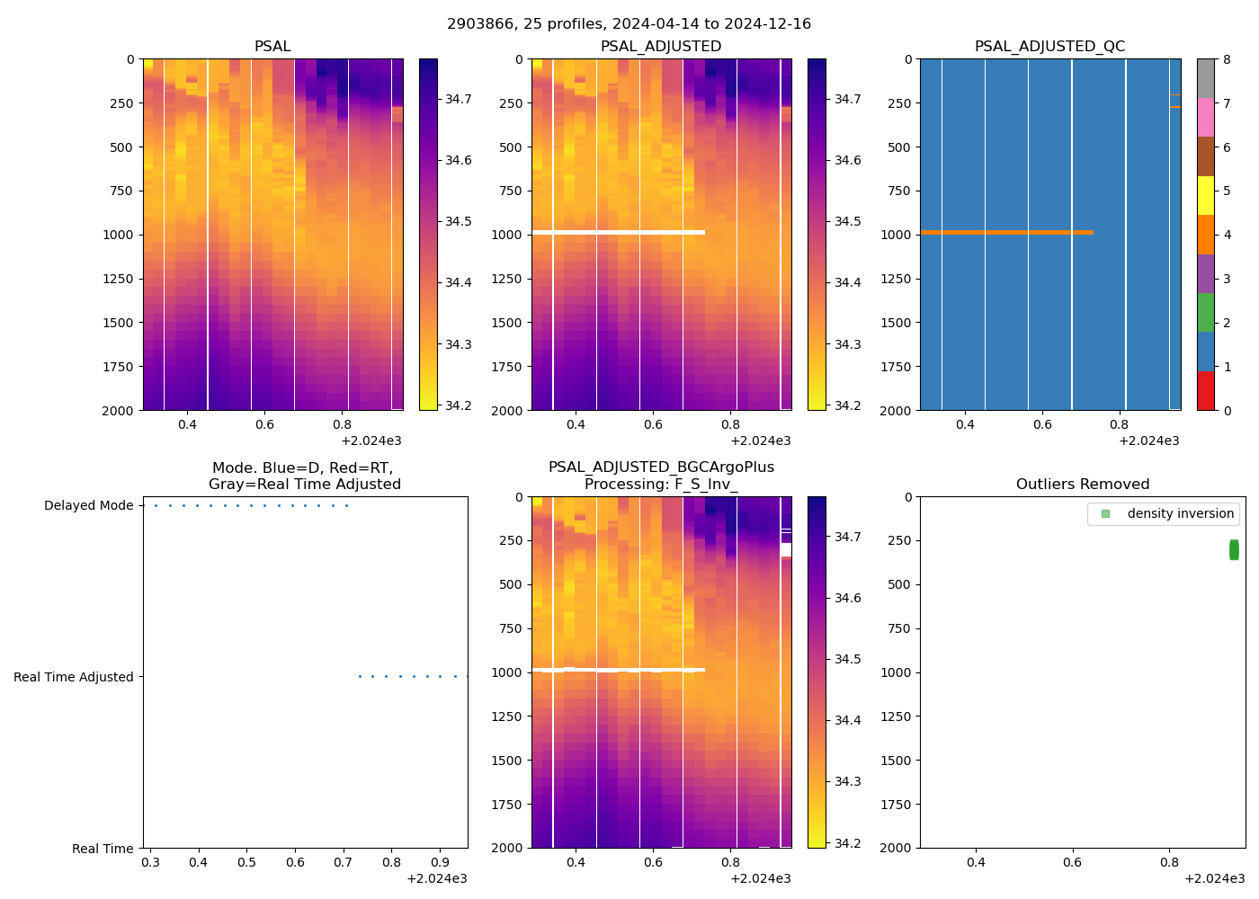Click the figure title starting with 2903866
(x=629, y=24)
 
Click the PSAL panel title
(x=272, y=47)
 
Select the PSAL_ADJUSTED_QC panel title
(x=1049, y=47)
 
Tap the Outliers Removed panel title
(x=1082, y=485)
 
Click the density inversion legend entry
(x=1180, y=513)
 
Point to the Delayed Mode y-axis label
(x=88, y=506)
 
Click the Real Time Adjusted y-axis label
(x=74, y=677)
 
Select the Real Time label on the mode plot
(x=103, y=849)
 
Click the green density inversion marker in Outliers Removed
(x=1234, y=549)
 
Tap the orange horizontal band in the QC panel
(x=1005, y=233)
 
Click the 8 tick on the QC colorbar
(x=1226, y=60)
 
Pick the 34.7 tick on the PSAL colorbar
(x=459, y=99)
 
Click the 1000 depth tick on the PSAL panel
(x=118, y=235)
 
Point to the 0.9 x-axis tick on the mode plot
(x=440, y=862)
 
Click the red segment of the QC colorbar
(x=1205, y=391)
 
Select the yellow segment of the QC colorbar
(x=1205, y=195)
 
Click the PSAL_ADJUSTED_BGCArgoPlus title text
(x=661, y=467)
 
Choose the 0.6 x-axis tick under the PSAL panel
(x=264, y=424)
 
